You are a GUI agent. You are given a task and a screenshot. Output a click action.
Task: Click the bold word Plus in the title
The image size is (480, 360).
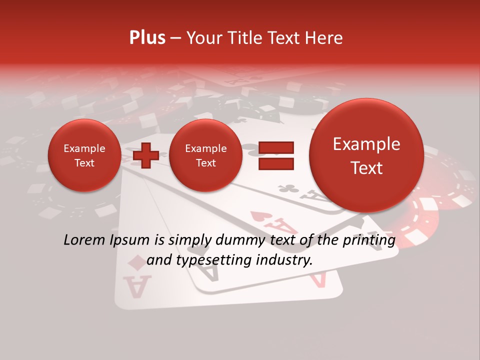tap(147, 38)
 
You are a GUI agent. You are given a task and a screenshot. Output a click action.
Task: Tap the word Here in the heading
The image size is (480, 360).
tap(324, 38)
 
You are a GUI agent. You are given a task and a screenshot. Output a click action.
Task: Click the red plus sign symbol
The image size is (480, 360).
tap(145, 155)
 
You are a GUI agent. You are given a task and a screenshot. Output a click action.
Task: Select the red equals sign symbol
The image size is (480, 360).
tap(275, 155)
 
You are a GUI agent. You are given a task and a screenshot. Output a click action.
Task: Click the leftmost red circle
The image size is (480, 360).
tap(84, 155)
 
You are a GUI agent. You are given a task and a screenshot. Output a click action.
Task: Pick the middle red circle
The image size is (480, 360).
tap(205, 155)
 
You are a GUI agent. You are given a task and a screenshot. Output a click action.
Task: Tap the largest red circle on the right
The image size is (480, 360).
tap(366, 155)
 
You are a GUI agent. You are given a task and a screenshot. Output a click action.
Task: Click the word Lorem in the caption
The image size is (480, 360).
tap(83, 240)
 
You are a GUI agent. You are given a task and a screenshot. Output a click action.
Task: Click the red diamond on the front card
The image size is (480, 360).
tap(135, 262)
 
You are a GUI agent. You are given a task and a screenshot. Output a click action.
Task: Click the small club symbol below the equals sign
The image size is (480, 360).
tap(288, 189)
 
